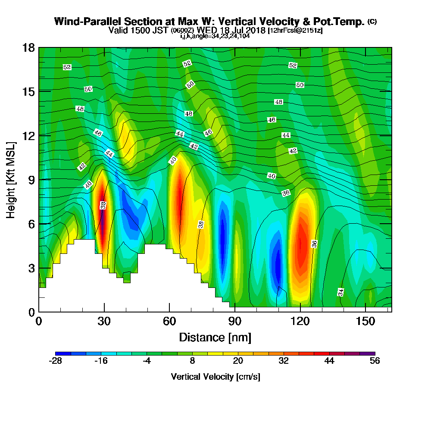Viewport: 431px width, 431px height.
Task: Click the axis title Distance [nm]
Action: [215, 337]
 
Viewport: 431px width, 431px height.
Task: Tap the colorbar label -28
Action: [56, 362]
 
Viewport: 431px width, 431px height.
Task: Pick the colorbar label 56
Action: [375, 362]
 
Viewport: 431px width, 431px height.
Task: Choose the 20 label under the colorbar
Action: [238, 362]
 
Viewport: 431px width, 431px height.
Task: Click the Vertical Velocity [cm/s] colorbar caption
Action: [215, 377]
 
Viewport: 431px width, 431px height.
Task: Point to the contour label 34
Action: [340, 292]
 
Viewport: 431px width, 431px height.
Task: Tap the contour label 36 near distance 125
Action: [315, 244]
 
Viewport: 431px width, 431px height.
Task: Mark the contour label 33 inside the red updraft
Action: [103, 205]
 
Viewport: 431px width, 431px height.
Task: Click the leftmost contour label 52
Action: [67, 67]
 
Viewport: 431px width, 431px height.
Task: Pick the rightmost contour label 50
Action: [300, 85]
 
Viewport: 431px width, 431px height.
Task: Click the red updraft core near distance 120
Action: [301, 246]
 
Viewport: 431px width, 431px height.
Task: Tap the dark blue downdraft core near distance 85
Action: [223, 233]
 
